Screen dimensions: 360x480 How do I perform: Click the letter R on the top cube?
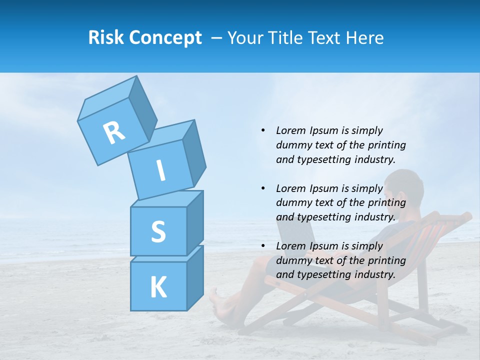(114, 132)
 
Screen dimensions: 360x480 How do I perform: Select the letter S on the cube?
(158, 231)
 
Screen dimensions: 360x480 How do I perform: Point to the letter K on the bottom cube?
(158, 287)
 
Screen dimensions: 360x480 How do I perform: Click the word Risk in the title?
(105, 38)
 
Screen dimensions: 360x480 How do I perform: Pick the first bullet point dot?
(263, 130)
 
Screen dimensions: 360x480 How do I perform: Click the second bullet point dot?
(263, 188)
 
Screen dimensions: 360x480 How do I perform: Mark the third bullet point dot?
(263, 246)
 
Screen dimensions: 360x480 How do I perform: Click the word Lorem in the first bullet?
(290, 130)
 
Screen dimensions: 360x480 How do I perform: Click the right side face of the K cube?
(194, 277)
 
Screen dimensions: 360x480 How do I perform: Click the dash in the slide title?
(217, 38)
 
